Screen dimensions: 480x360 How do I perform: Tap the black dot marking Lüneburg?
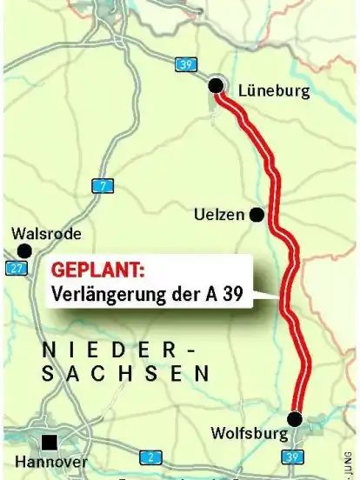215,85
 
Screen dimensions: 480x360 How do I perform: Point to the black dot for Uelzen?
257,214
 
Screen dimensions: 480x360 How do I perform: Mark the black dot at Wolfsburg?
294,419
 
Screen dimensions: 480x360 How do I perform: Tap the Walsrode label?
47,234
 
